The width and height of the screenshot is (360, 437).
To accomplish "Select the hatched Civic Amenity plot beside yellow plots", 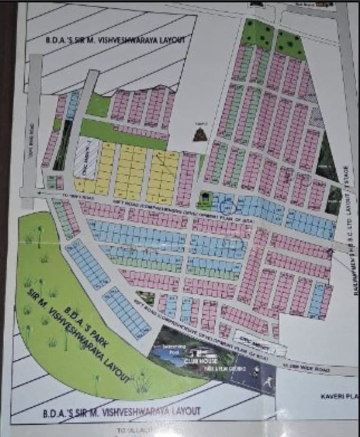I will [x=87, y=159].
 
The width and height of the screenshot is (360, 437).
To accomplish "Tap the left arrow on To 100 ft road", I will [x=38, y=193].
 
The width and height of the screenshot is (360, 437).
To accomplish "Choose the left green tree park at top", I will [x=258, y=33].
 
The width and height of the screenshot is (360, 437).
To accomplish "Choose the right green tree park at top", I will [x=290, y=45].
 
